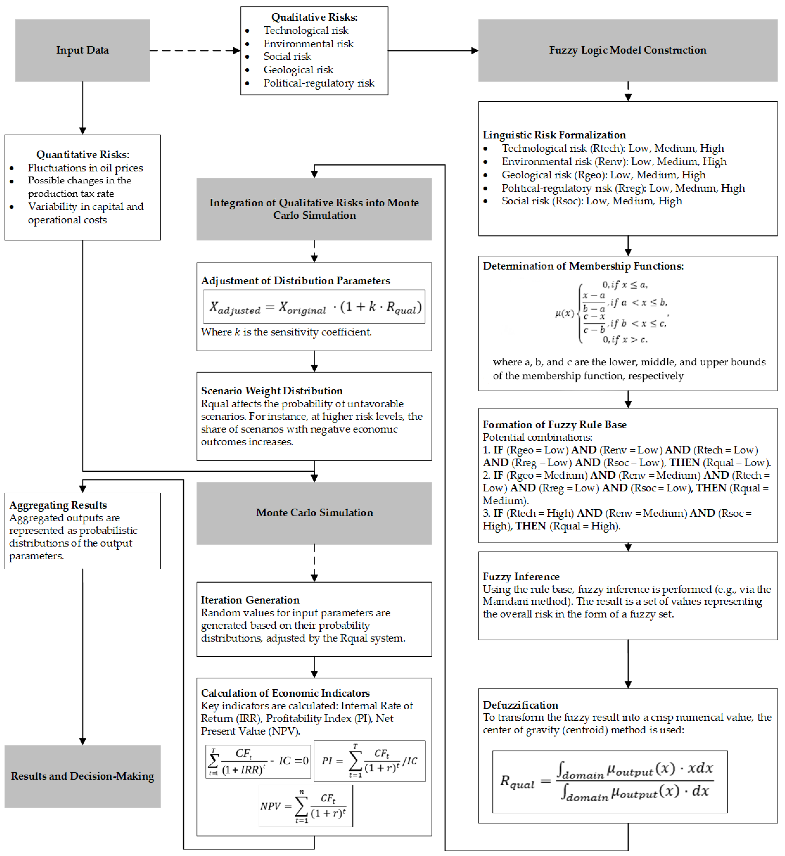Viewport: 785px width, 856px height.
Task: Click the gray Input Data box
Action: pyautogui.click(x=82, y=50)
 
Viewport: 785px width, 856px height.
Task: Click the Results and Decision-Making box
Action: pyautogui.click(x=82, y=776)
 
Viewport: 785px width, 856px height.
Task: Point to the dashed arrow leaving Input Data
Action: pyautogui.click(x=194, y=50)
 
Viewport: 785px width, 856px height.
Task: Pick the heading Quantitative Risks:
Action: pyautogui.click(x=82, y=155)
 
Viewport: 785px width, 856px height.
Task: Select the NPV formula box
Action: pyautogui.click(x=305, y=806)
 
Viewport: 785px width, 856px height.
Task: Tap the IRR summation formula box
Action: pyautogui.click(x=258, y=762)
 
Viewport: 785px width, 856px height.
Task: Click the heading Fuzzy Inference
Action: pyautogui.click(x=521, y=577)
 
